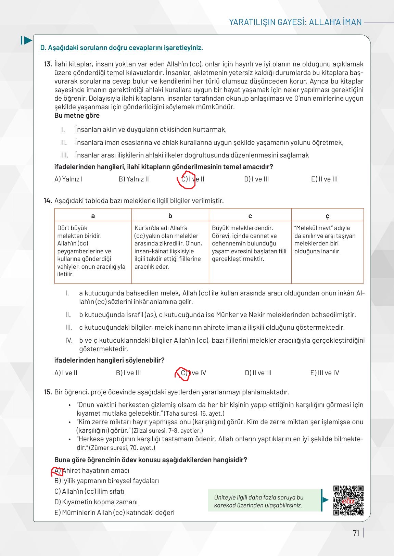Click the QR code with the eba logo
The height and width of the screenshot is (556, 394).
pyautogui.click(x=348, y=500)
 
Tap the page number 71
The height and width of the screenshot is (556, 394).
pyautogui.click(x=356, y=533)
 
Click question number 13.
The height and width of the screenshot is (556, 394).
pyautogui.click(x=48, y=64)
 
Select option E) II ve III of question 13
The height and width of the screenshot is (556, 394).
pyautogui.click(x=324, y=179)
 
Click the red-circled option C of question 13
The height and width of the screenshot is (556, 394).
pyautogui.click(x=187, y=179)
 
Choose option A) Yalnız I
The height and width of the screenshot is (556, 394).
pyautogui.click(x=68, y=179)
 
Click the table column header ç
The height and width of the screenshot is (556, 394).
pyautogui.click(x=327, y=216)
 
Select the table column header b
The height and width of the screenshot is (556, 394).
pyautogui.click(x=170, y=216)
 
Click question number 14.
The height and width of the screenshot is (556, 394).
pyautogui.click(x=48, y=201)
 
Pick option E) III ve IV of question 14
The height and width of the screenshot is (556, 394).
pyautogui.click(x=325, y=373)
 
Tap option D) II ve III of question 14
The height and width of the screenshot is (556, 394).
pyautogui.click(x=258, y=373)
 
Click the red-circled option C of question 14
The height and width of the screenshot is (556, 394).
pyautogui.click(x=183, y=373)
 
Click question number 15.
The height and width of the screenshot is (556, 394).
pyautogui.click(x=48, y=392)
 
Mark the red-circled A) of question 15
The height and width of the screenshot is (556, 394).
pyautogui.click(x=57, y=471)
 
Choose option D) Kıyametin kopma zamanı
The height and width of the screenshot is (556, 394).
pyautogui.click(x=96, y=502)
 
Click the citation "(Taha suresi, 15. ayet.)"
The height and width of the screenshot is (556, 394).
pyautogui.click(x=194, y=414)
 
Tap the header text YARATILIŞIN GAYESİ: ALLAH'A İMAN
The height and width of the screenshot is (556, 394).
pyautogui.click(x=295, y=22)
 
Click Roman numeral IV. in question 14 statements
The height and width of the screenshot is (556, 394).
pyautogui.click(x=69, y=340)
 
